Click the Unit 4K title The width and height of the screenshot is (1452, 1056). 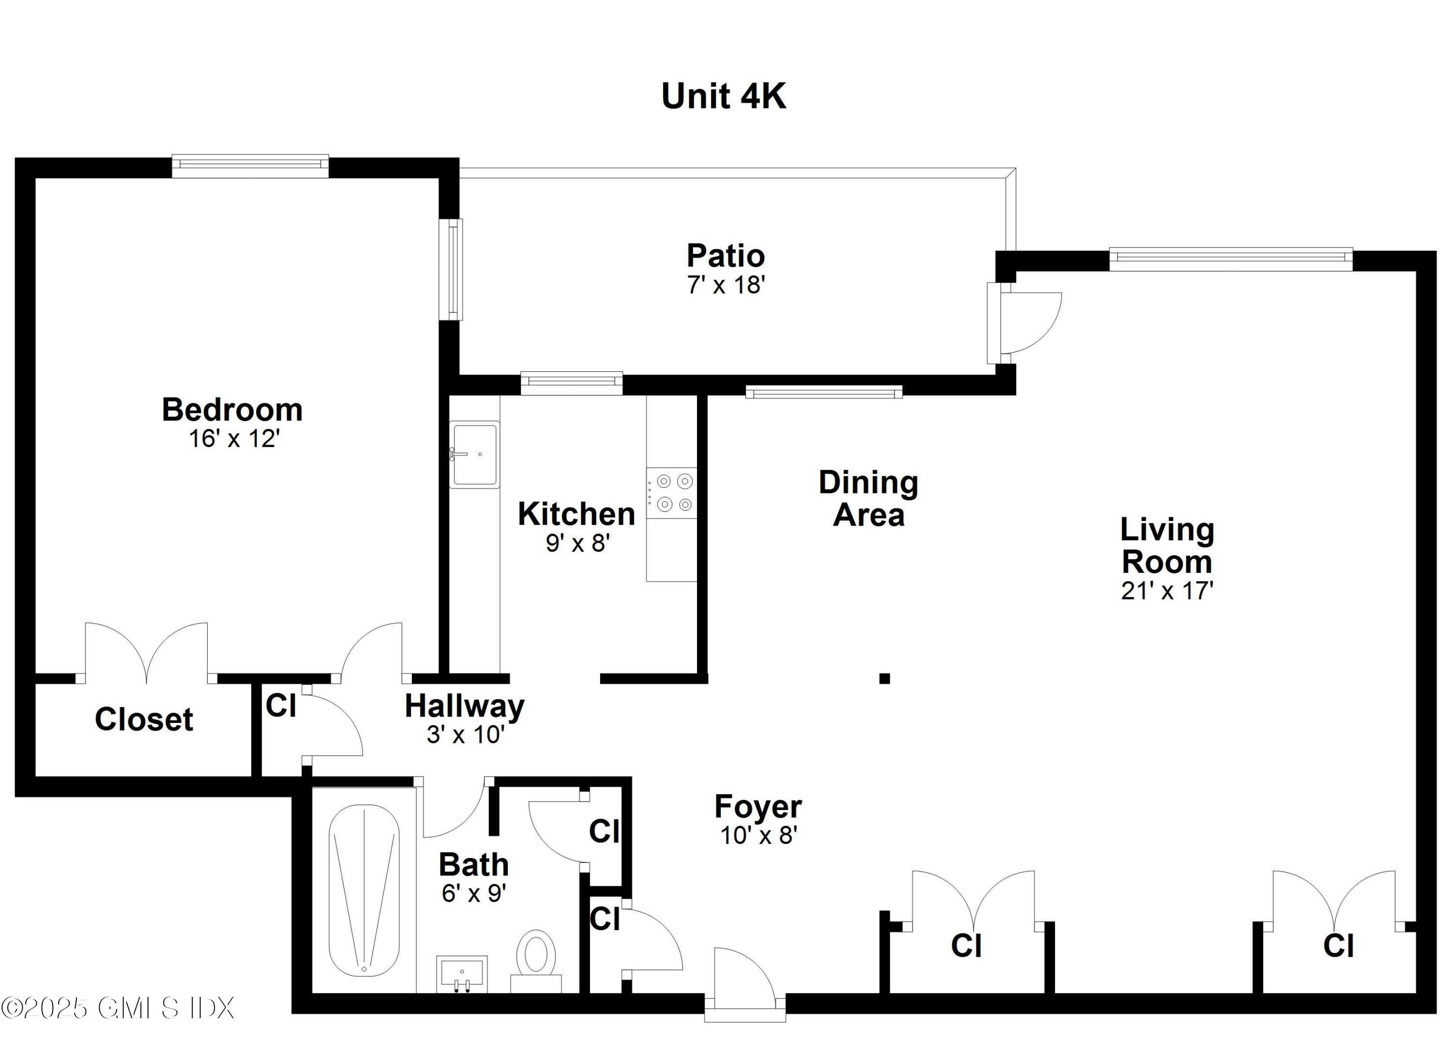tap(724, 97)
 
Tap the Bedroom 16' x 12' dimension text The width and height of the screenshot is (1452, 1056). tap(234, 439)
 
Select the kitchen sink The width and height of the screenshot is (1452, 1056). tap(474, 454)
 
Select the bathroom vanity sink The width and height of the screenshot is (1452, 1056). tap(462, 973)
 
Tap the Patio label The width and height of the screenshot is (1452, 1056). tap(726, 256)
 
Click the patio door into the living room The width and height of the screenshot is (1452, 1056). tap(1024, 323)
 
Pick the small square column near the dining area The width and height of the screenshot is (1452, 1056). tap(884, 679)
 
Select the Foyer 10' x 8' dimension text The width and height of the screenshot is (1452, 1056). tap(758, 836)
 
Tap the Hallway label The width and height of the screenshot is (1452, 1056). tap(464, 706)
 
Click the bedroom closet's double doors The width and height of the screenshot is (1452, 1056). tap(147, 653)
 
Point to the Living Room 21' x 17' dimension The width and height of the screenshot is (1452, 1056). tap(1166, 590)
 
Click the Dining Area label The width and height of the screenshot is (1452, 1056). tap(868, 499)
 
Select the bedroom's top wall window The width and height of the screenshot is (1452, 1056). tap(250, 165)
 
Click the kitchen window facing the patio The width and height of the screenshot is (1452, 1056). tap(571, 383)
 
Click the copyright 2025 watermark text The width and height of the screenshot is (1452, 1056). tap(117, 1009)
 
